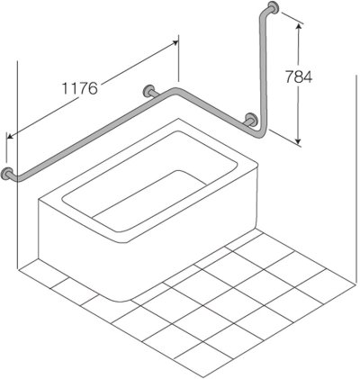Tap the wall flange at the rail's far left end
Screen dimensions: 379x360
point(8,172)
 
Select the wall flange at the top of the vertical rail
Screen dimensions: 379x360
point(276,14)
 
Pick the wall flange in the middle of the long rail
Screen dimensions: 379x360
point(148,91)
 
